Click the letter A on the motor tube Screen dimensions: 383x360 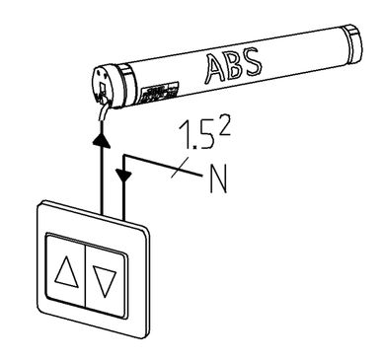tap(215, 69)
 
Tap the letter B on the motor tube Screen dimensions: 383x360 tap(234, 64)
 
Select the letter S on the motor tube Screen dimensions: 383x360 tap(252, 61)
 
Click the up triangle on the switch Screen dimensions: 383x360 tap(66, 270)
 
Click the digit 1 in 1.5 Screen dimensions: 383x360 tap(185, 135)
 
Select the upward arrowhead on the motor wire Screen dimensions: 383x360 tap(101, 138)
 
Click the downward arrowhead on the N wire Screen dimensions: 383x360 tap(123, 176)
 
